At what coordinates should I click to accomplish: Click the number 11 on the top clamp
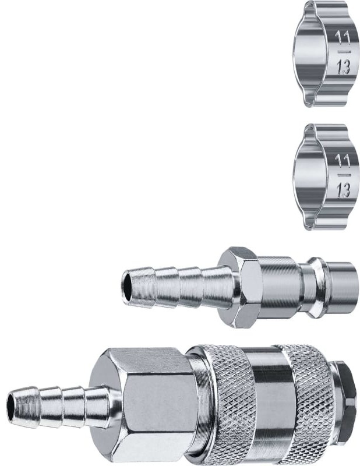[342, 38]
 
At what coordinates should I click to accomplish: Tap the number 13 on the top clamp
[343, 67]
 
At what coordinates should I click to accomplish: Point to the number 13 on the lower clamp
[343, 189]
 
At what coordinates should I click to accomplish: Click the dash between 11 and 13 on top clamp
[343, 52]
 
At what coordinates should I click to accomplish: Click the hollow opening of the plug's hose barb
[126, 286]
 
